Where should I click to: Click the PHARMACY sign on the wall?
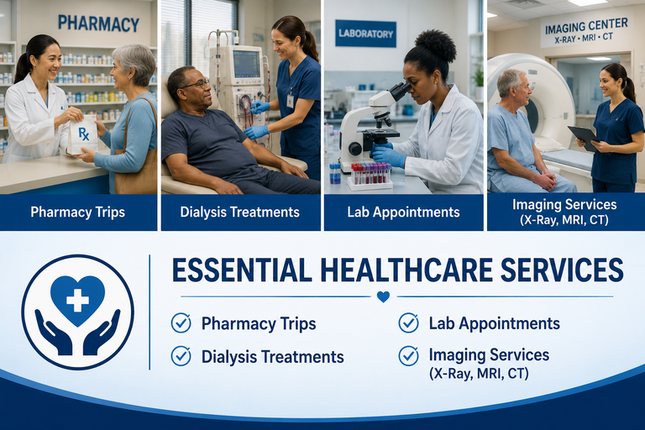[98, 24]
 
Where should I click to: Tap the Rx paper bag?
[83, 134]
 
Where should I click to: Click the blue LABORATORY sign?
[365, 34]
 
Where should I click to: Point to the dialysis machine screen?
[246, 64]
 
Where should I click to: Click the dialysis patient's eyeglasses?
[197, 85]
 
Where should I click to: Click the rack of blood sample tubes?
[370, 176]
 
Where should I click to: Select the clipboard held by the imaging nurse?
[584, 138]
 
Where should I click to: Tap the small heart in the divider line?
[383, 296]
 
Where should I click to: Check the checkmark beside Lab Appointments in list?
[408, 323]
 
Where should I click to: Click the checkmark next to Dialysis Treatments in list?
[181, 356]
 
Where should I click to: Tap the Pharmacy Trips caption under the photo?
[78, 212]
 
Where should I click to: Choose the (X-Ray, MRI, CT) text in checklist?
[479, 374]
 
